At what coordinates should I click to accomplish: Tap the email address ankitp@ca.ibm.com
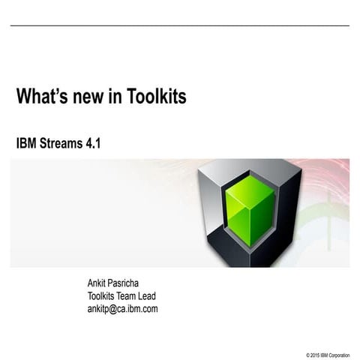point(123,308)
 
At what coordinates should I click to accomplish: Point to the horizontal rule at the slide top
point(180,26)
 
